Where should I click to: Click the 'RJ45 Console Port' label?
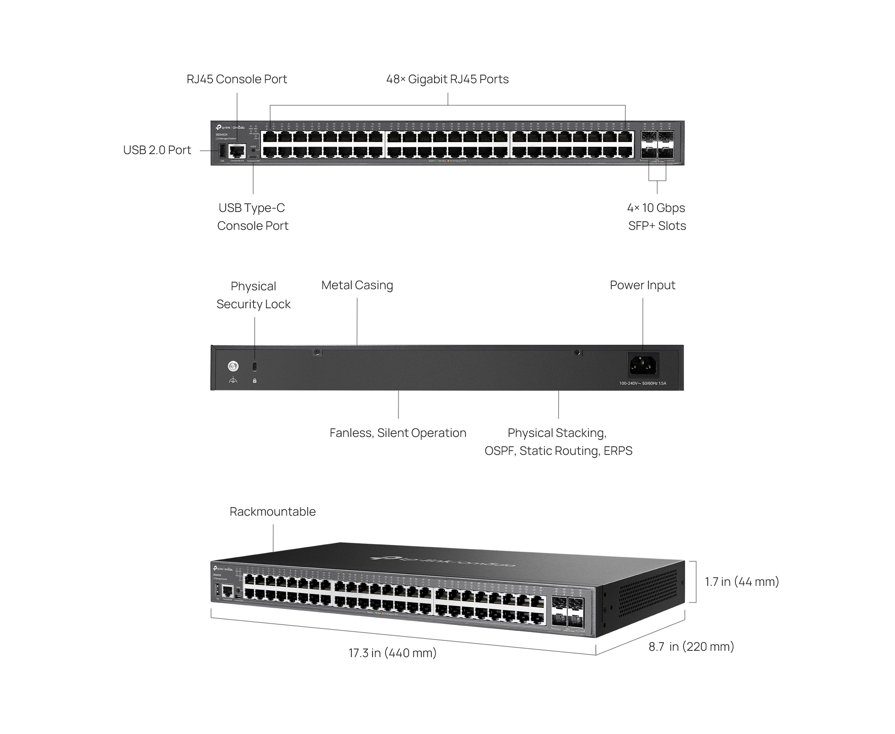tap(237, 79)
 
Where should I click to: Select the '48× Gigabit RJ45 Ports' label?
tap(447, 79)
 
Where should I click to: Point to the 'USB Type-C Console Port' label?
tap(252, 216)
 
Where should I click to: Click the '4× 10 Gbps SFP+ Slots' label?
tap(657, 216)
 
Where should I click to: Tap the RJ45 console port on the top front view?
tap(237, 151)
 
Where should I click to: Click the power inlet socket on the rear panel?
tap(643, 365)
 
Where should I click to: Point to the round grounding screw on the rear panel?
tap(233, 366)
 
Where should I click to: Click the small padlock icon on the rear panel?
tap(254, 381)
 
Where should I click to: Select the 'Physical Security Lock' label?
tap(253, 295)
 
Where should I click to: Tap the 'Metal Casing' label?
tap(357, 285)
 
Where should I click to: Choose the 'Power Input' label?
tap(642, 285)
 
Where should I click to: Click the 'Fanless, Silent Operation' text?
tap(398, 433)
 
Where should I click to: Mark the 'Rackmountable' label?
tap(273, 512)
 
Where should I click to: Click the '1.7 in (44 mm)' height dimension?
tap(742, 582)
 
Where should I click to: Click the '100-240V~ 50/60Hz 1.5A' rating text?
tap(642, 384)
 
